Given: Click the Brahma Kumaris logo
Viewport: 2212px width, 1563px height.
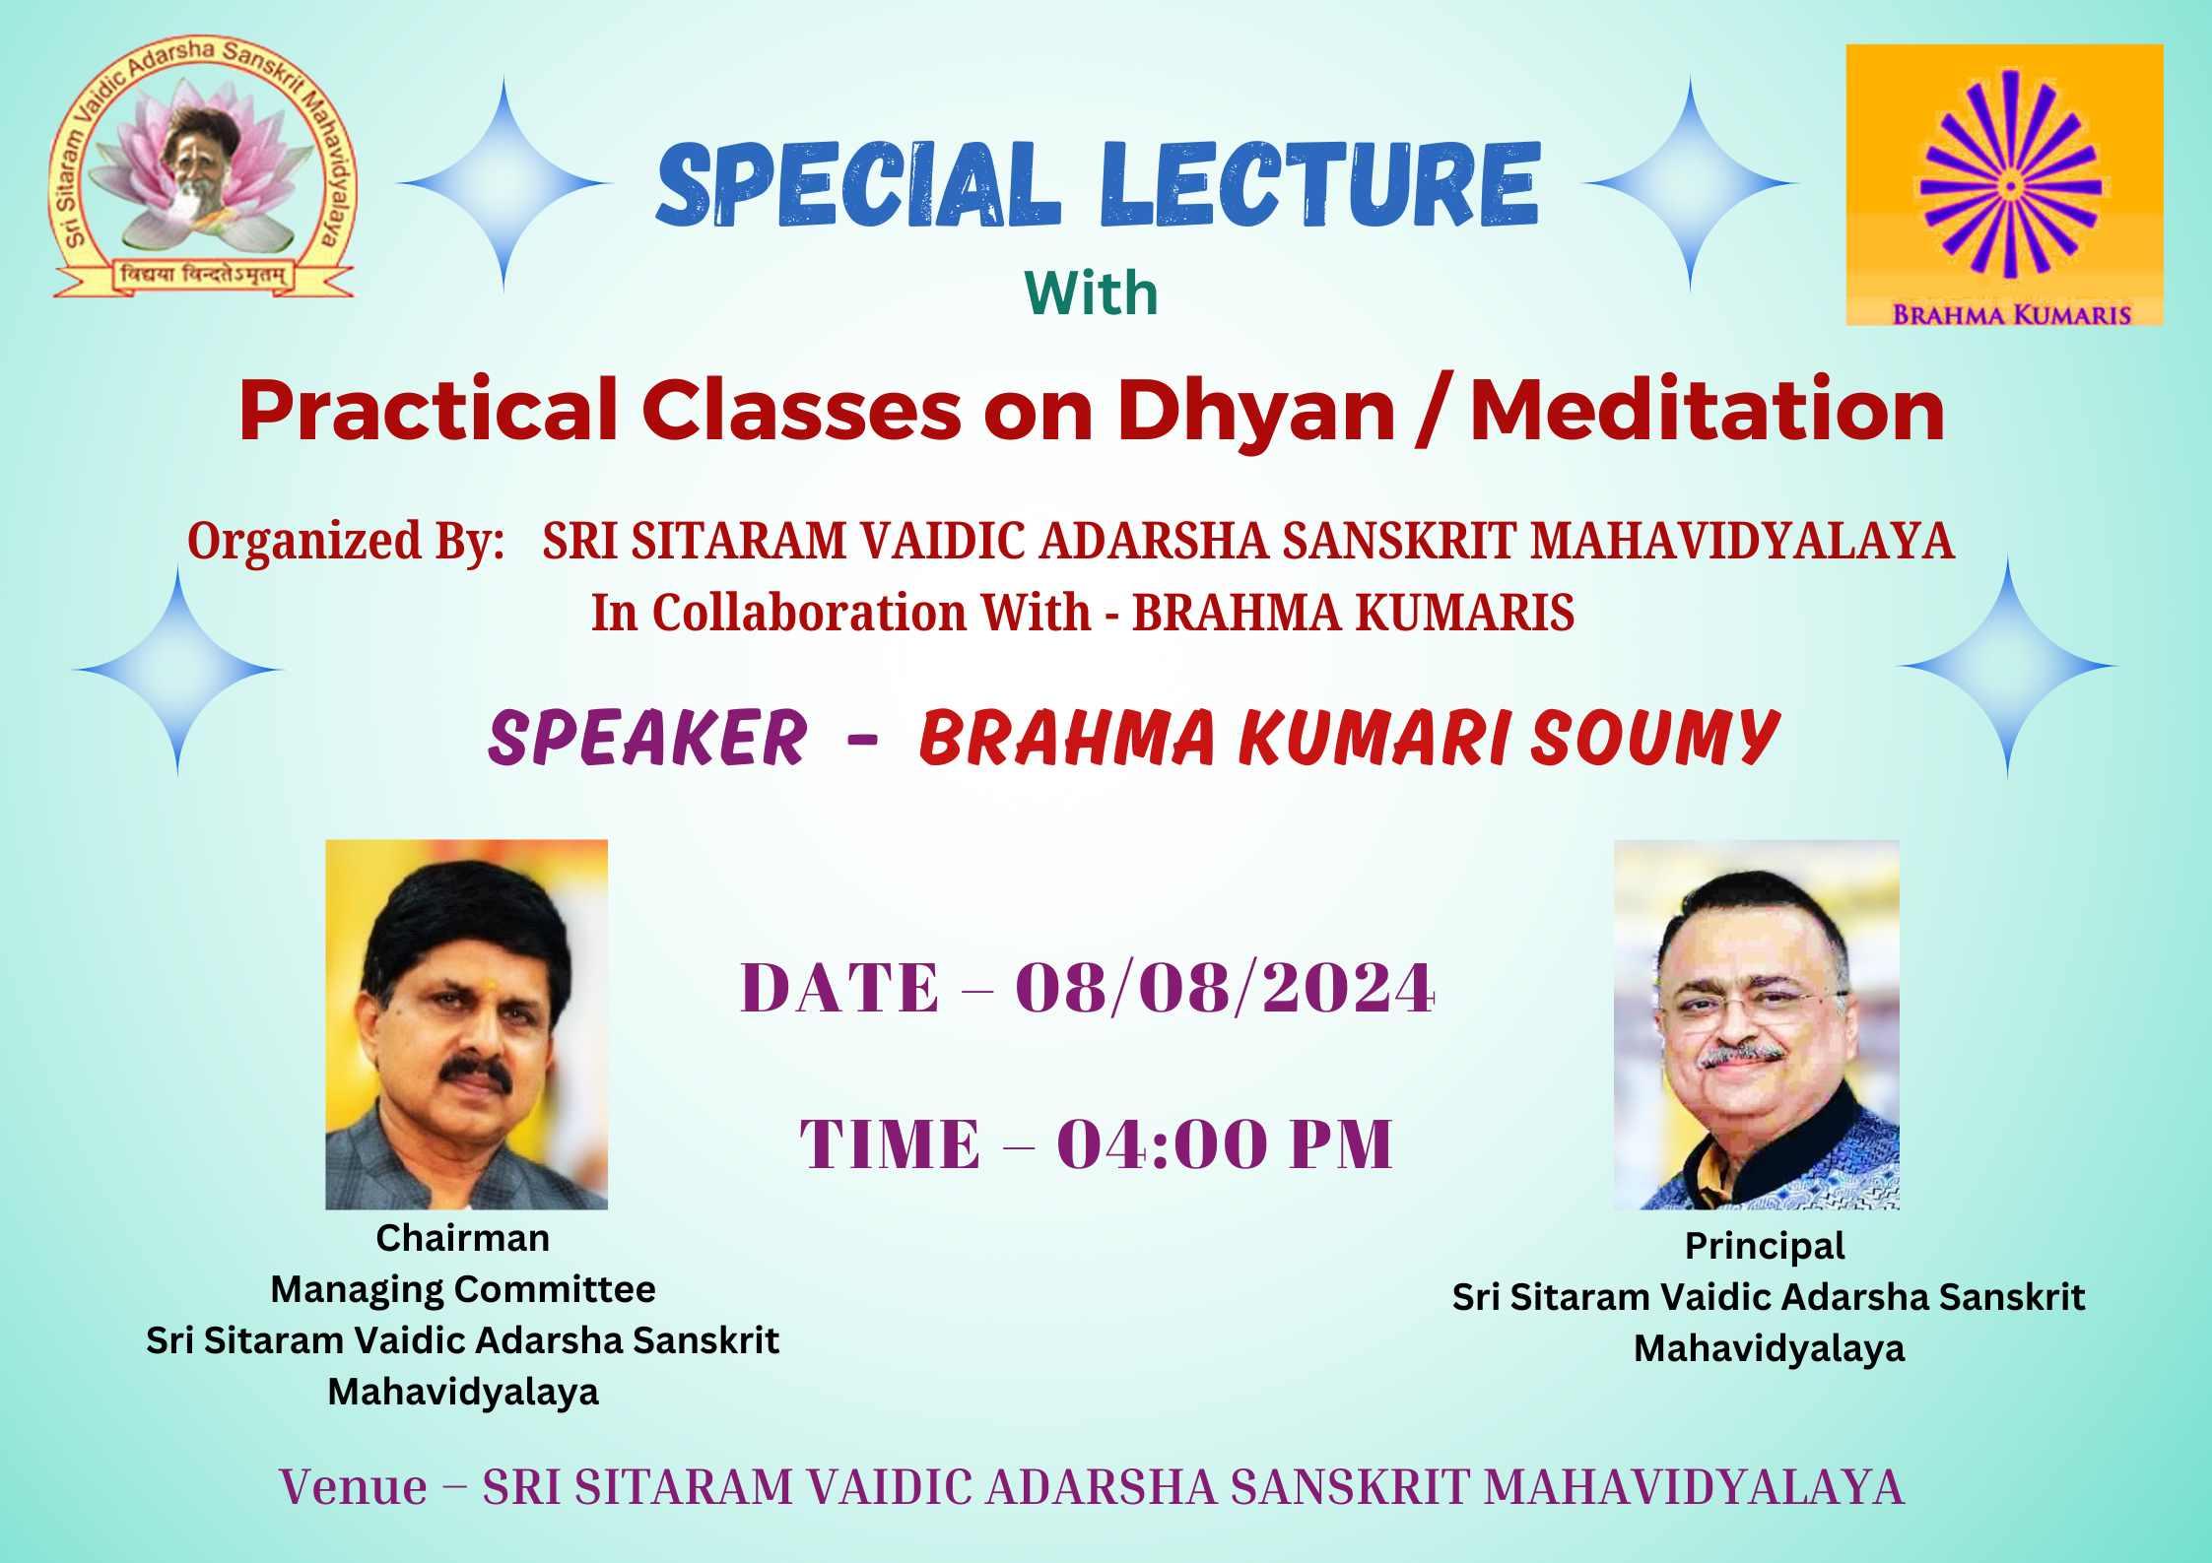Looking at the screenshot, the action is (2004, 185).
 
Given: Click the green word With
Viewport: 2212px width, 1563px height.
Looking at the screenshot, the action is (1092, 293).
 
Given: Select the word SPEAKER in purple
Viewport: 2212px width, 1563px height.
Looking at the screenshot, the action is (646, 738).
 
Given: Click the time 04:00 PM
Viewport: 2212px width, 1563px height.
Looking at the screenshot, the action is (1225, 1144).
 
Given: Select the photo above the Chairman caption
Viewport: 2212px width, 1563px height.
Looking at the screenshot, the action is (466, 1024).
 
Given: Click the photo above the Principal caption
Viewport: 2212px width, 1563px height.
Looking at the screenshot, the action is (1756, 1024).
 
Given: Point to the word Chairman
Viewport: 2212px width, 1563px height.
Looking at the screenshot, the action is (463, 1238).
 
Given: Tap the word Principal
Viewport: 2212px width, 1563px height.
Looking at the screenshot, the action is (1765, 1247).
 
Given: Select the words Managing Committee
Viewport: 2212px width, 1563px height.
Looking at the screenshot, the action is (463, 1289).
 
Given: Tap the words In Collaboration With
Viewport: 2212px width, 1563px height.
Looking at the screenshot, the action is (840, 613).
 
